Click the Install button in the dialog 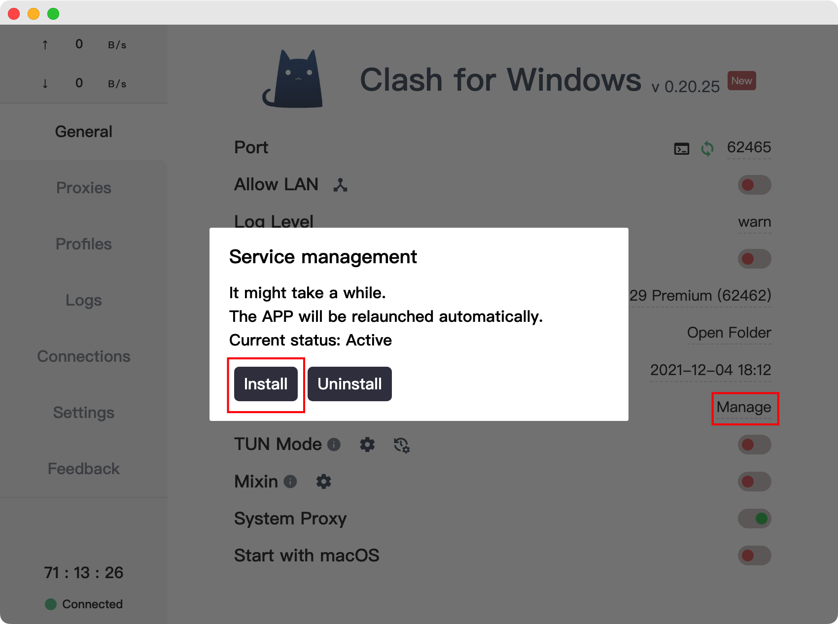[x=266, y=384]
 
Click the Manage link [x=744, y=407]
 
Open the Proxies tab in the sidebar [x=84, y=188]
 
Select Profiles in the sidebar [x=84, y=244]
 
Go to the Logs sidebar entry [x=84, y=300]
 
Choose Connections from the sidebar [x=84, y=356]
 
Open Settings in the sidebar [x=84, y=413]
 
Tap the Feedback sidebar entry [x=84, y=469]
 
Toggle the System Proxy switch [x=754, y=519]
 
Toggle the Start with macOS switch [x=754, y=555]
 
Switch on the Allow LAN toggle [x=754, y=185]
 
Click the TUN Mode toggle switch [x=754, y=445]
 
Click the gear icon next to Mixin [x=323, y=482]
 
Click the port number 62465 [x=749, y=147]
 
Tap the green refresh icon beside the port [x=707, y=148]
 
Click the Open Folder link [x=729, y=333]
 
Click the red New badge [x=741, y=81]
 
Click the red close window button [x=14, y=14]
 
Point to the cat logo [x=294, y=79]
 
